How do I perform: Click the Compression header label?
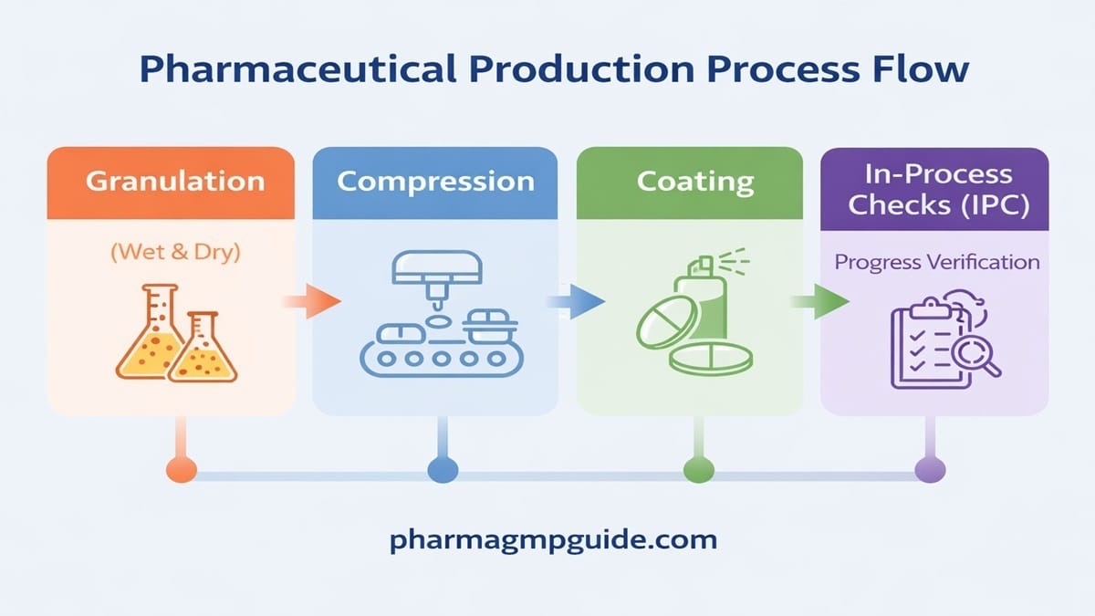pos(435,181)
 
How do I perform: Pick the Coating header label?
pos(695,181)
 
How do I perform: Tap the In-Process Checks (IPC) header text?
pos(938,189)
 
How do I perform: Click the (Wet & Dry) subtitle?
pos(174,252)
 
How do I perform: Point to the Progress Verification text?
pos(937,262)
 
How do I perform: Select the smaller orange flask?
pos(203,350)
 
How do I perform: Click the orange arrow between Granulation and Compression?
pos(314,301)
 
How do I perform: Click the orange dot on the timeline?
pos(182,471)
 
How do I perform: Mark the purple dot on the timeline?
pos(930,471)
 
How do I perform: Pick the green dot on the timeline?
pos(697,471)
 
